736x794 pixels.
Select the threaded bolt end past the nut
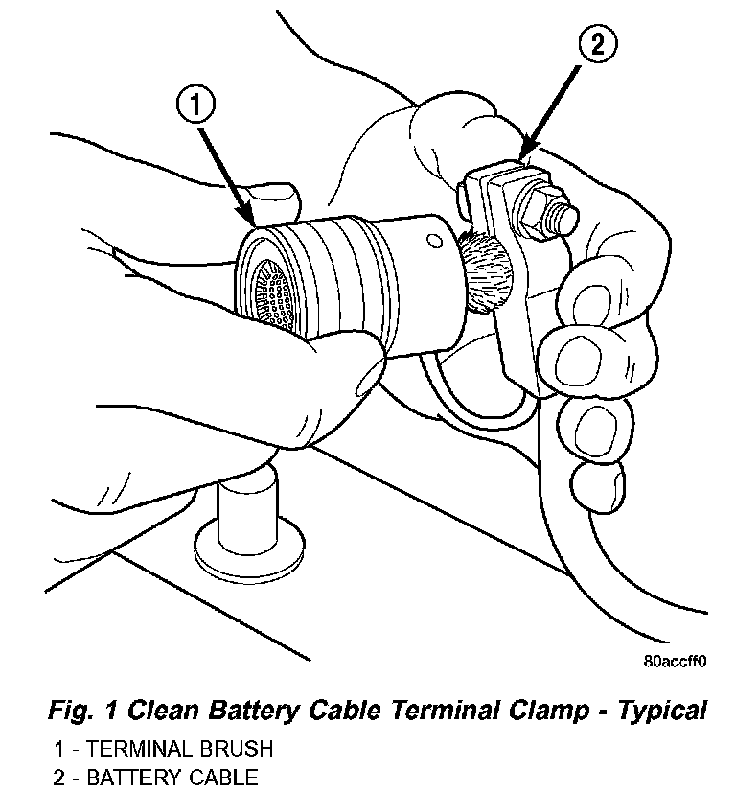coord(564,217)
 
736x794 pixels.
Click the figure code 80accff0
coord(675,661)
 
